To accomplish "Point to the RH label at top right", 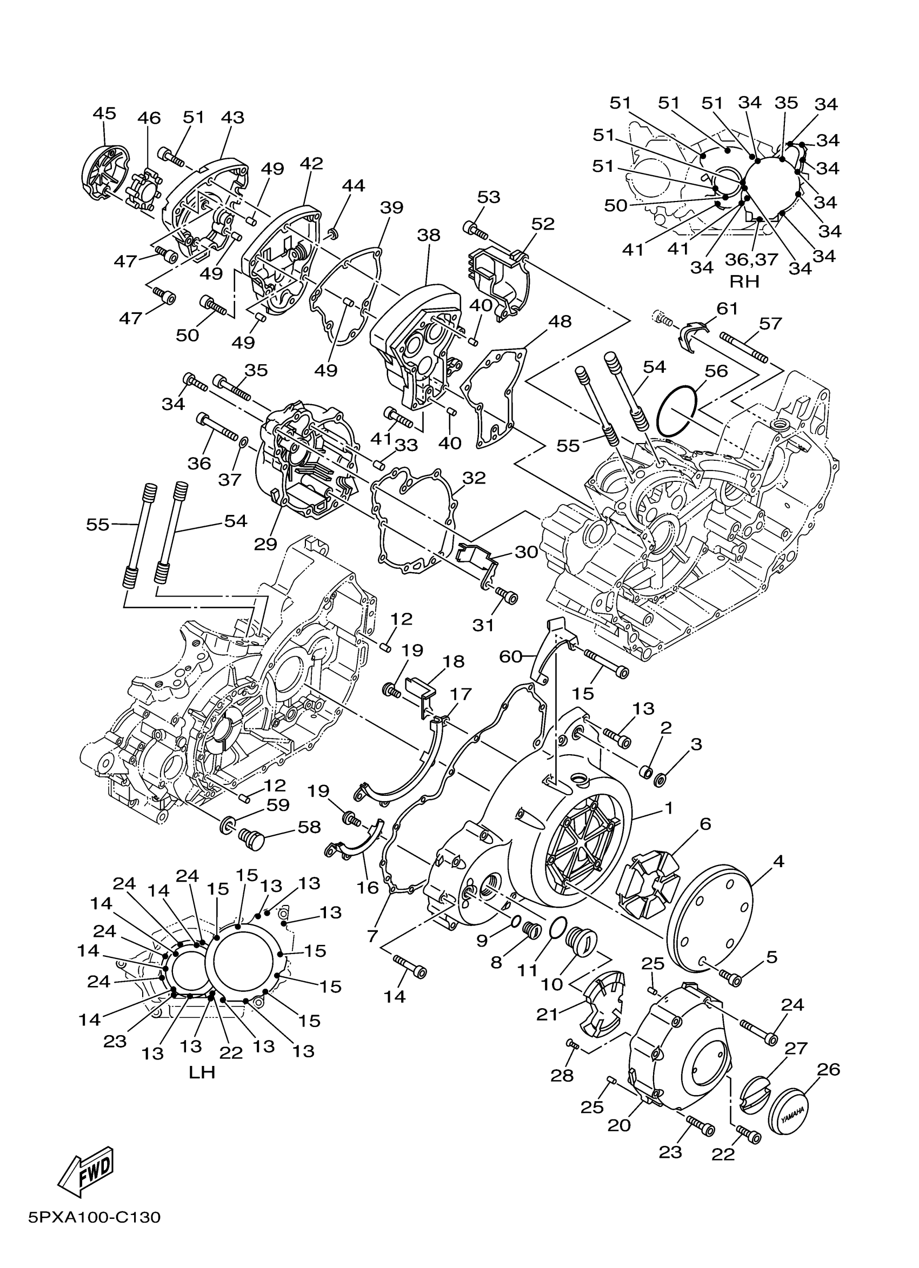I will tap(744, 281).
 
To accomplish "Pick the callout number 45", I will tap(104, 113).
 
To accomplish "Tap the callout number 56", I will tap(716, 371).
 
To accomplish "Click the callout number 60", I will tap(511, 657).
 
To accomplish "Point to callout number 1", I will tap(667, 808).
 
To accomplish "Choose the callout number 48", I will tap(560, 321).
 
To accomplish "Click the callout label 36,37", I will tap(751, 259).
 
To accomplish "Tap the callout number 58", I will tap(309, 828).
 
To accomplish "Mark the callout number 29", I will tap(265, 544).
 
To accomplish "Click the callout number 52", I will tap(543, 224).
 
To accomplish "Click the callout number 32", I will tap(474, 478).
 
